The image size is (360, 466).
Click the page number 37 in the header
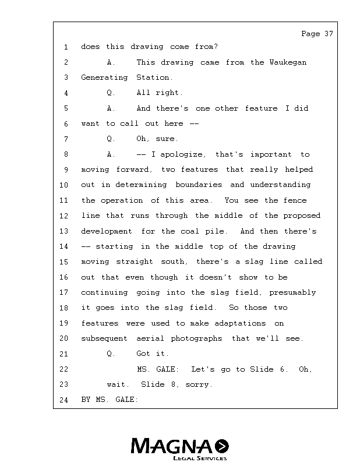(329, 34)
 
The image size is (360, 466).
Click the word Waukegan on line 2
(287, 62)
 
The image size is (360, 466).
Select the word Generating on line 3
(104, 77)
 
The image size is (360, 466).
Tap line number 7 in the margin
(66, 139)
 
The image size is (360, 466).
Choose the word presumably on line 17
(293, 292)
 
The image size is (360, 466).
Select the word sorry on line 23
(198, 384)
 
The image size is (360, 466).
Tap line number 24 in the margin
(64, 400)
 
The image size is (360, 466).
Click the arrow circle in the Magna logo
(222, 446)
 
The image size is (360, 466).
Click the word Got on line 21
(143, 354)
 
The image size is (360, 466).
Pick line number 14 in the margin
(64, 246)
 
